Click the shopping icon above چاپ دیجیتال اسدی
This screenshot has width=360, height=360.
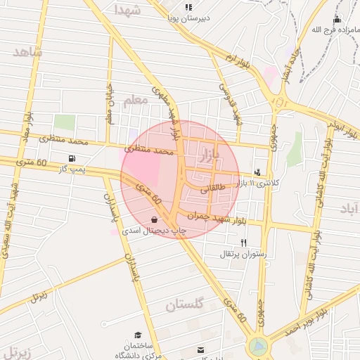coord(154,219)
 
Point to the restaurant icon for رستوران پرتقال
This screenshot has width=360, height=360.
coord(243,243)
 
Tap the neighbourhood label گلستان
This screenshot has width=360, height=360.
coord(184,304)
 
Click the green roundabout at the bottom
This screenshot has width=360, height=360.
coord(258,347)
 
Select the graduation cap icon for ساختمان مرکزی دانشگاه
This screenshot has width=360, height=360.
coord(139,334)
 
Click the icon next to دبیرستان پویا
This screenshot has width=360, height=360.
coord(188,8)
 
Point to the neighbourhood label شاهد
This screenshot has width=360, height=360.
coord(27,52)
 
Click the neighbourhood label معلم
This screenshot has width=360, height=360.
coord(135,101)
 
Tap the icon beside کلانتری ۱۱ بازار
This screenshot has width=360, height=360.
coord(257,172)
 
